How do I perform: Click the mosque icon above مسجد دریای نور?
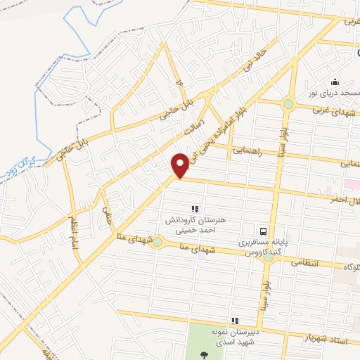coord(335,81)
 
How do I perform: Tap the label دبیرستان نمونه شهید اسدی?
coord(237,337)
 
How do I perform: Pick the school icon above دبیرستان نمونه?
coord(234,321)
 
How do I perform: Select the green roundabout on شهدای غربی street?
coord(288,105)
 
